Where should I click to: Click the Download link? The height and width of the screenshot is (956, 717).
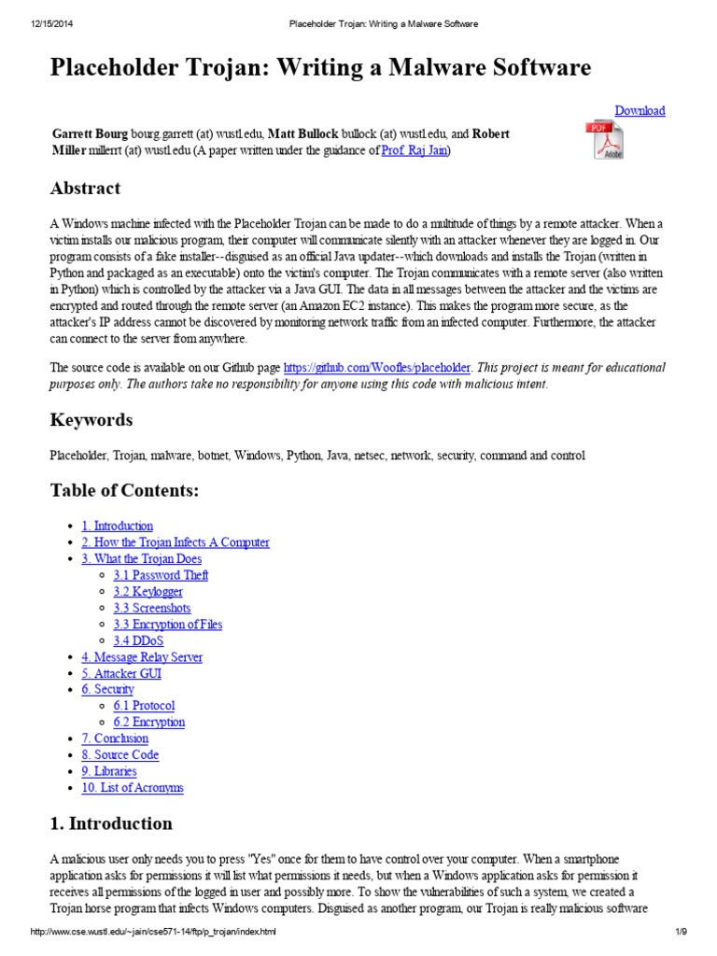640,110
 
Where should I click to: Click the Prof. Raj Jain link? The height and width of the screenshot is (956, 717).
415,150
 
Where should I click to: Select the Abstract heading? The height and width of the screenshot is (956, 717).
85,189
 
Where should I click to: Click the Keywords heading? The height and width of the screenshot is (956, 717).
91,420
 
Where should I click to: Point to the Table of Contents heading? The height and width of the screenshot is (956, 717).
124,491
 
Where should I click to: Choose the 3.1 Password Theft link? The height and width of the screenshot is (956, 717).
161,575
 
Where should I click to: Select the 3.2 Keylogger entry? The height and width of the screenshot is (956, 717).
148,591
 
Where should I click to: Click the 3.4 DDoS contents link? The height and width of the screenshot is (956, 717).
138,640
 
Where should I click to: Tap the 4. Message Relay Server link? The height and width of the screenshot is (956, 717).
142,656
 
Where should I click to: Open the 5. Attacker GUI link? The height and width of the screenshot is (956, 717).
121,673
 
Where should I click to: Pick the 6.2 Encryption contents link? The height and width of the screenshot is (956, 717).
149,722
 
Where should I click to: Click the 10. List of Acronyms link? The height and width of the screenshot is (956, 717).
133,787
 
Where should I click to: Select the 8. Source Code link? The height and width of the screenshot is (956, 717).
120,754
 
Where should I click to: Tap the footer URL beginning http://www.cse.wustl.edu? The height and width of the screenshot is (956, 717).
154,932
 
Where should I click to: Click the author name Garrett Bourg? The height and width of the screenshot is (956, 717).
90,134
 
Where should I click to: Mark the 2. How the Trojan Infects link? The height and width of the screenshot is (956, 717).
176,542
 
